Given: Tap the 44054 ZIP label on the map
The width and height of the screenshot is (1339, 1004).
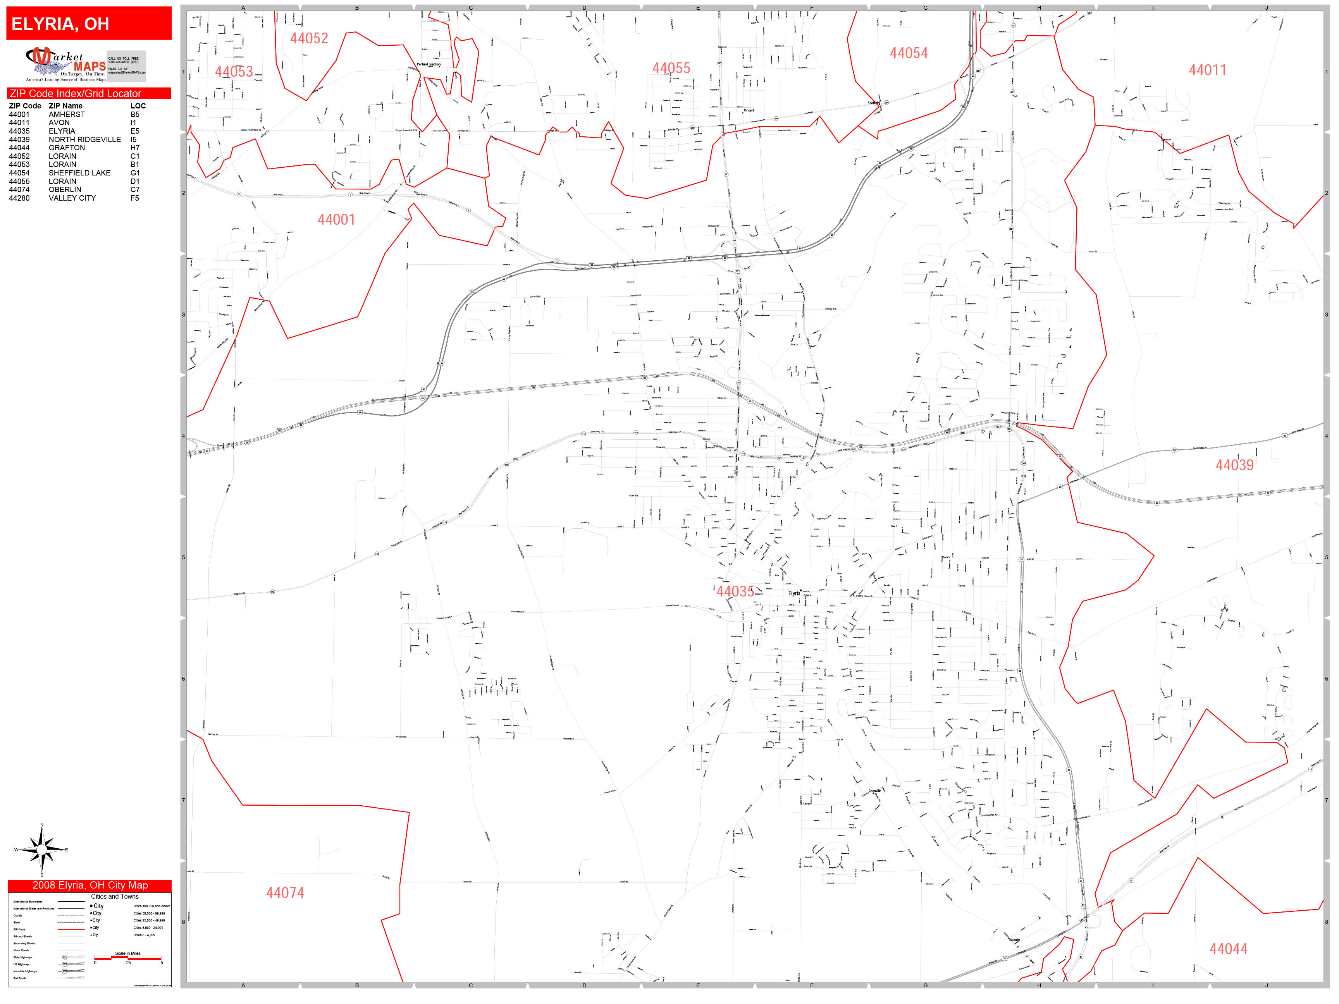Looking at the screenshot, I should click(908, 53).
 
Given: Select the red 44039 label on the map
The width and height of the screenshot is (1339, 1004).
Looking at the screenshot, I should click(1234, 465).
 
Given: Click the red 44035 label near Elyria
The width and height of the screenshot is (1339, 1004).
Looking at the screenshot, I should click(735, 591).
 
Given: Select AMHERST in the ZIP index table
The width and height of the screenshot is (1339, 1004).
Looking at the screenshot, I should click(67, 114).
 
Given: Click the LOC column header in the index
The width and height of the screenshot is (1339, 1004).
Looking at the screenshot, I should click(138, 106).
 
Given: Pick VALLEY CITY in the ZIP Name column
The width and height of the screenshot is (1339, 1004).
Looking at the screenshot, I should click(72, 198).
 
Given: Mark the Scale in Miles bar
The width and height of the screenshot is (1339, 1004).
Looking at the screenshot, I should click(128, 958).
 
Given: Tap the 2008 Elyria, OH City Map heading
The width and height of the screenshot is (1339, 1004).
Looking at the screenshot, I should click(89, 885).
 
